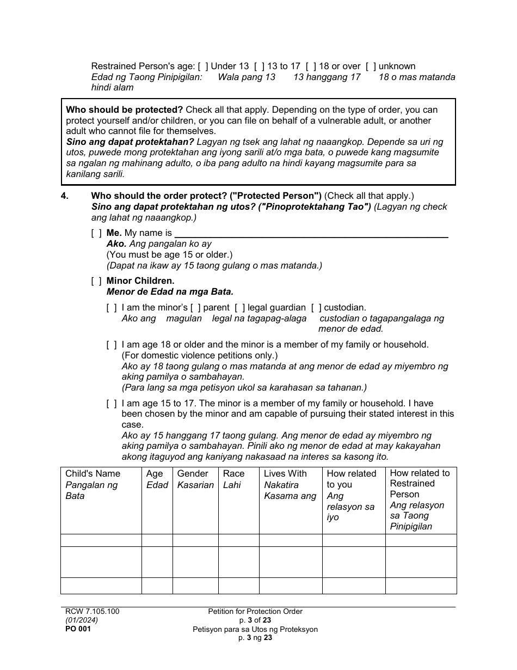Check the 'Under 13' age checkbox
pos(203,66)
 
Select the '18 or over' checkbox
pos(311,66)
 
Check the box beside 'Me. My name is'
pos(96,233)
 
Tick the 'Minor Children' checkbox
pos(96,281)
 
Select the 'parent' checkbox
pos(195,308)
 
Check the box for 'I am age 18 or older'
pos(112,345)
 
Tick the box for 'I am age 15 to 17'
pos(112,404)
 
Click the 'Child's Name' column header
pos(93,474)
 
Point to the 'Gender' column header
pos(193,474)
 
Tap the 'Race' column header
pos(233,474)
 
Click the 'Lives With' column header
pos(285,474)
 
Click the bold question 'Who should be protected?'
pos(125,109)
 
